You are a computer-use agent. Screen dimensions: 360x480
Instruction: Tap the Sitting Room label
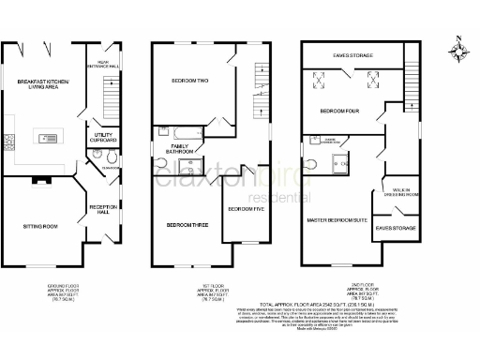[40, 226]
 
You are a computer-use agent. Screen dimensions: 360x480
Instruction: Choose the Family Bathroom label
[180, 147]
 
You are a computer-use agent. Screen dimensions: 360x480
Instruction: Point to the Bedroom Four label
[338, 111]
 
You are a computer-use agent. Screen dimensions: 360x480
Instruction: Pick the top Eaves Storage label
[352, 56]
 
